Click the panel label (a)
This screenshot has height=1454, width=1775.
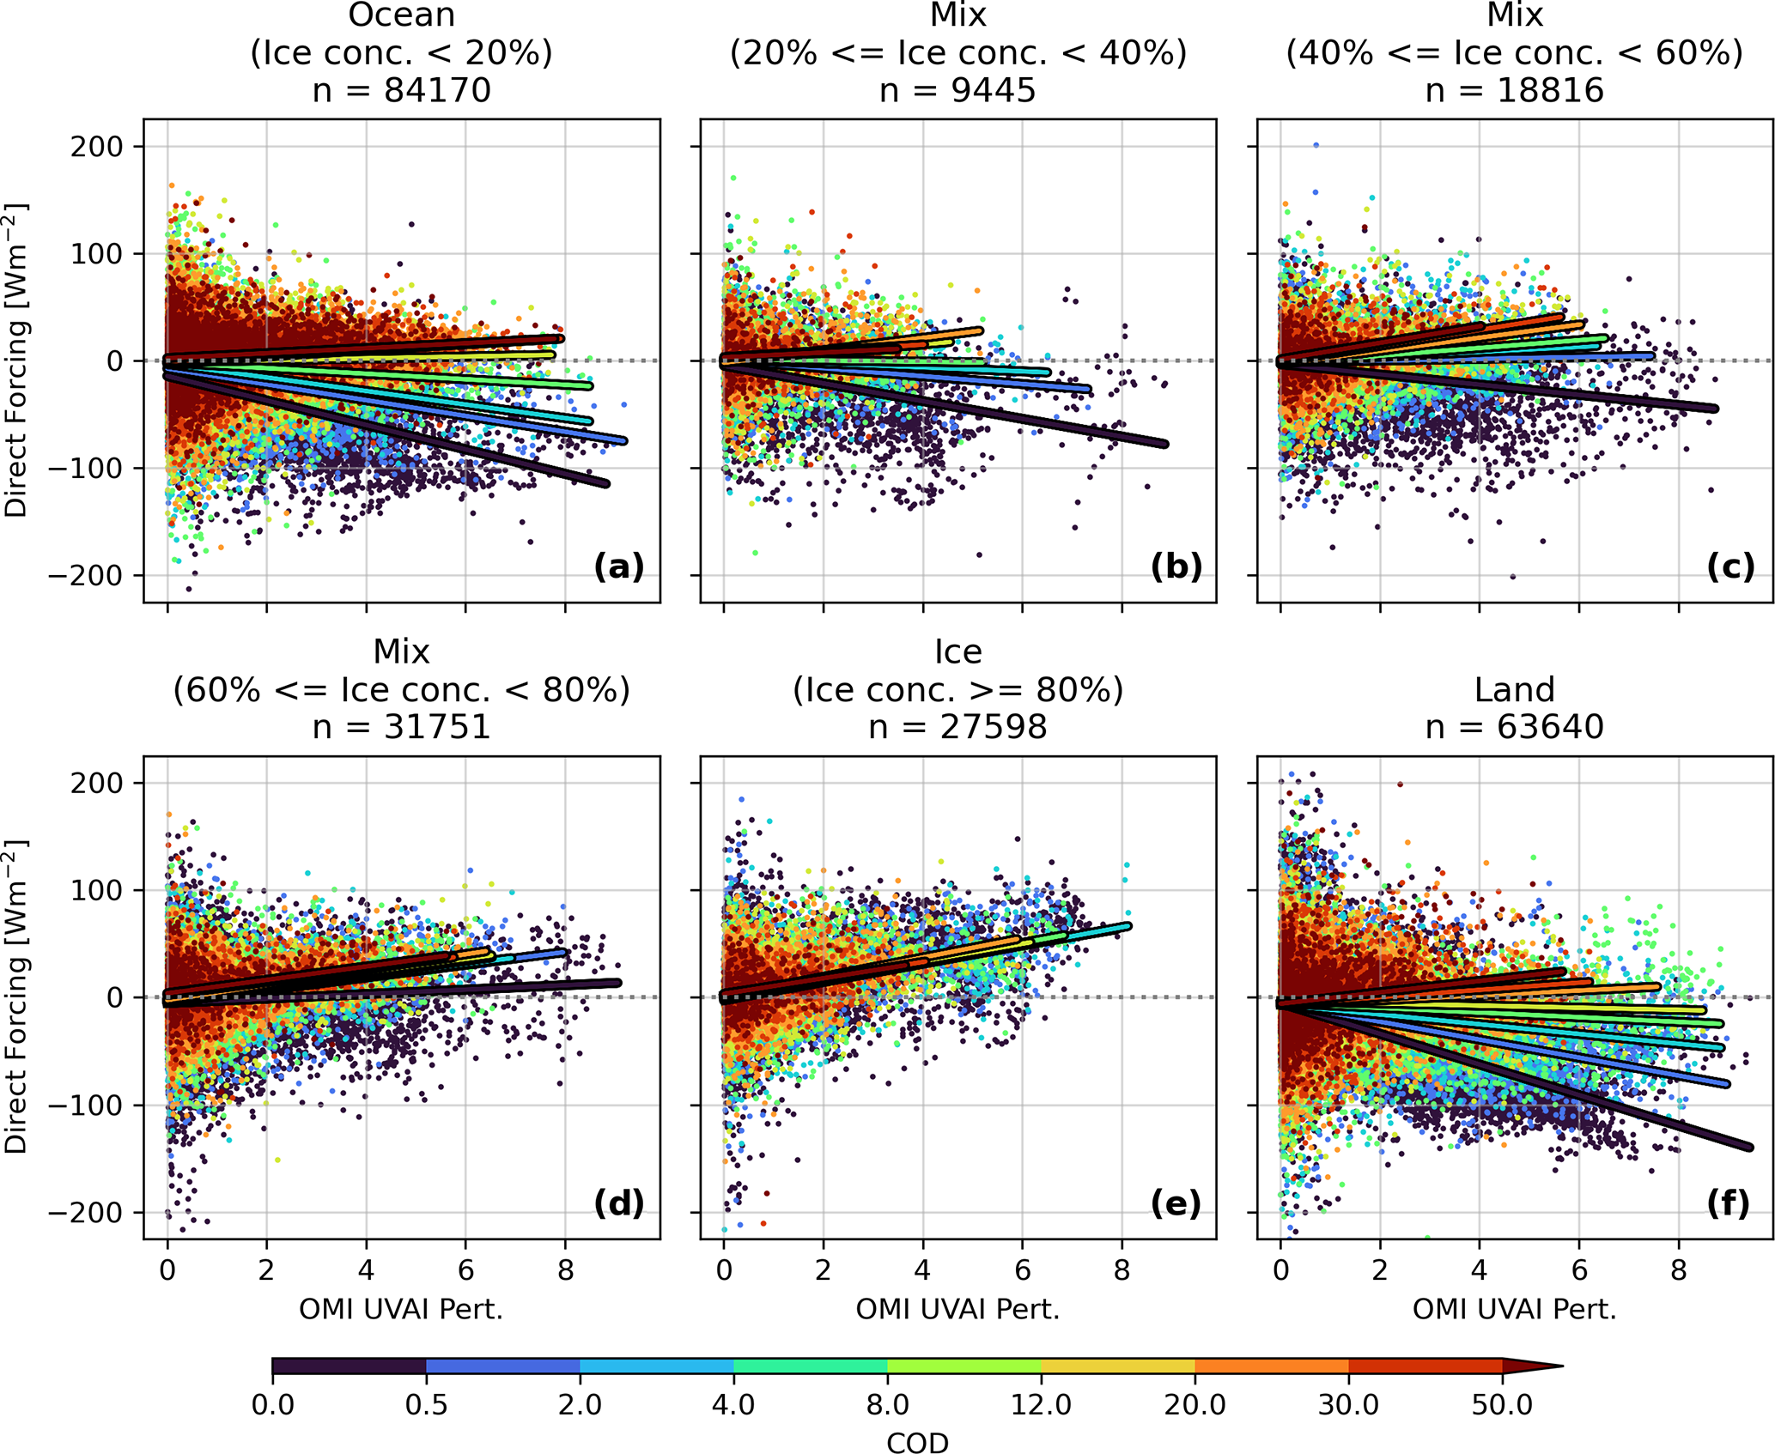coord(618,567)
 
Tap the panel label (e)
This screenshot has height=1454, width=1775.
coord(1175,1204)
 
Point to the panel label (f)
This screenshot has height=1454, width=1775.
coord(1728,1204)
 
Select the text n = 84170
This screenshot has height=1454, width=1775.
coord(401,89)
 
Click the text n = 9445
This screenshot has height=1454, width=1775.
coord(957,89)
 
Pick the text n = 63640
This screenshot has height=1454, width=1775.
coord(1514,727)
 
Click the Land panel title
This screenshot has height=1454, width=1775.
coord(1514,689)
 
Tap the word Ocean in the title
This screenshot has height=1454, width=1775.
coord(401,15)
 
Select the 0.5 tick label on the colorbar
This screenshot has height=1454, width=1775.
coord(426,1404)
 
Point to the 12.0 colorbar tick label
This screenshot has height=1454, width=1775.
coord(1041,1404)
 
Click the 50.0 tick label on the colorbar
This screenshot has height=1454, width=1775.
coord(1502,1404)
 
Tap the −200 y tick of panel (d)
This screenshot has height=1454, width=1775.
coord(86,1213)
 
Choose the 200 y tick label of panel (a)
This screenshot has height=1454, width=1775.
coord(97,146)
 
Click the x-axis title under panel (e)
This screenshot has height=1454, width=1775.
coord(957,1309)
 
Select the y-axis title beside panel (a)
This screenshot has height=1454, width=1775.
coord(17,360)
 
